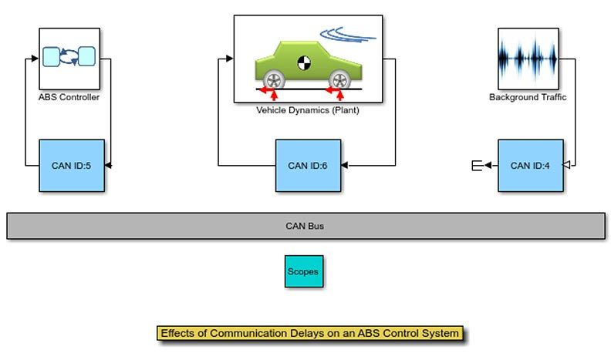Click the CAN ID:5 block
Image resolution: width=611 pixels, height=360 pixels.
click(x=72, y=165)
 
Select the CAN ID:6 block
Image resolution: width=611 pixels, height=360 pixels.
click(x=308, y=165)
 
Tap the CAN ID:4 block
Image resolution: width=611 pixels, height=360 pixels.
click(x=530, y=165)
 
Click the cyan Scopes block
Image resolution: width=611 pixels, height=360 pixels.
click(x=303, y=271)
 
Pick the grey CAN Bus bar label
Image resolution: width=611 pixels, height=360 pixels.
click(x=305, y=226)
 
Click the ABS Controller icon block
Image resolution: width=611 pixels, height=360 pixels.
click(x=69, y=59)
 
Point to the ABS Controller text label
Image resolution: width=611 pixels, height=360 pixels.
click(x=69, y=98)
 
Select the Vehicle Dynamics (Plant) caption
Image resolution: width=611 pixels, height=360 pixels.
click(x=308, y=110)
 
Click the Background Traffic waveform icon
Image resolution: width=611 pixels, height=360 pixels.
click(x=528, y=59)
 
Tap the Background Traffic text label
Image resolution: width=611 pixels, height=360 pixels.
click(x=528, y=98)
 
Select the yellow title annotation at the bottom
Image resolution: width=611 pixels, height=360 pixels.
click(x=310, y=334)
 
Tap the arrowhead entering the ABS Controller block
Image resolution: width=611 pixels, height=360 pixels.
click(x=35, y=59)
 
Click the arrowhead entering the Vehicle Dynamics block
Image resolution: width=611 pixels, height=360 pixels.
click(x=229, y=59)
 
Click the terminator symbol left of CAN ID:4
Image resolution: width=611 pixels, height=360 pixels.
click(x=476, y=165)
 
